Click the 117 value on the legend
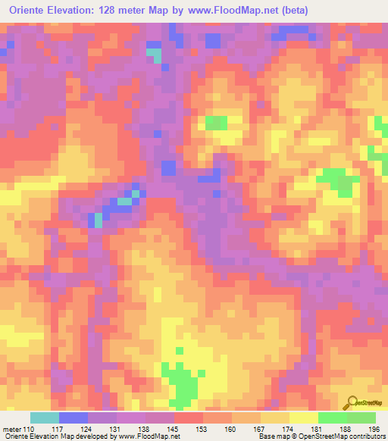[59, 429]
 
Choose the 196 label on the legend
[374, 429]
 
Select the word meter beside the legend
[11, 429]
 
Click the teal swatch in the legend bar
[45, 418]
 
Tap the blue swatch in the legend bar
[74, 418]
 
